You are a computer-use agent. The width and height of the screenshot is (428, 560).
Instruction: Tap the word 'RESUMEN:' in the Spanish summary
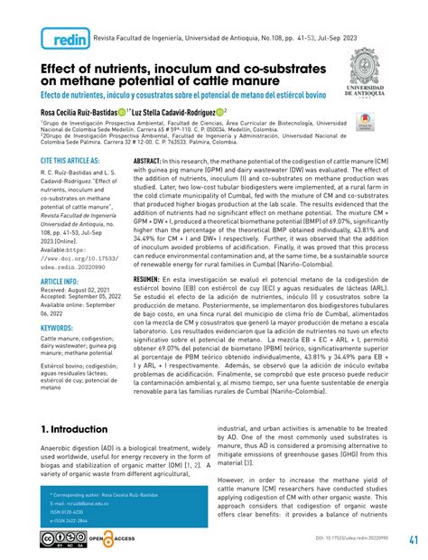click(x=150, y=281)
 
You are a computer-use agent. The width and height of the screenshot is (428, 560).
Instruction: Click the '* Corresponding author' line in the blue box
click(x=107, y=497)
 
